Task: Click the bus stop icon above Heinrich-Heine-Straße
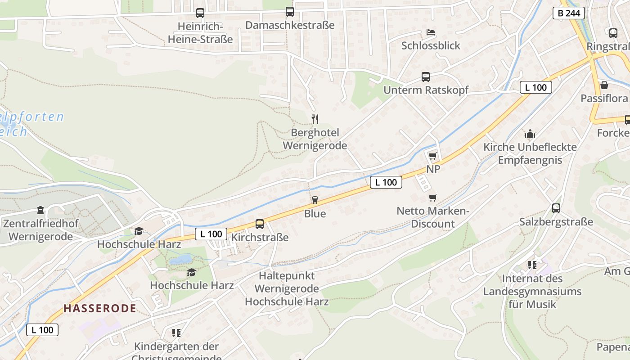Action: click(x=200, y=13)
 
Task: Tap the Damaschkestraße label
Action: click(x=290, y=25)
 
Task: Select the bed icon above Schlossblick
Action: click(x=431, y=32)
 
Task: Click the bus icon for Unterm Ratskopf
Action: click(x=426, y=77)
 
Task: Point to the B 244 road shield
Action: click(x=568, y=13)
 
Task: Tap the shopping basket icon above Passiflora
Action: click(x=604, y=85)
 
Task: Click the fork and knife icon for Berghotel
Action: click(x=315, y=119)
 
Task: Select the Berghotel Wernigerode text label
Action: click(x=315, y=139)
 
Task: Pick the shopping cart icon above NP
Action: click(x=432, y=156)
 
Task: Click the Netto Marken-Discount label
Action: click(x=433, y=217)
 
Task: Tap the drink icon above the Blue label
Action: click(x=315, y=200)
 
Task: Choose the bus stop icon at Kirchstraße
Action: click(x=260, y=224)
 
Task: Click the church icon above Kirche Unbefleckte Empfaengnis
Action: click(x=530, y=134)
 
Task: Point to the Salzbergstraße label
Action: click(x=556, y=222)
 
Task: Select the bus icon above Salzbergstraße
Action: click(x=556, y=208)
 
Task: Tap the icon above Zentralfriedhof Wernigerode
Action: click(x=40, y=210)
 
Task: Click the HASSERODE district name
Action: click(x=99, y=308)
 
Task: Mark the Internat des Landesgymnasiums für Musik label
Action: click(x=532, y=291)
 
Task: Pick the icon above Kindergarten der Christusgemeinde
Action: click(x=176, y=333)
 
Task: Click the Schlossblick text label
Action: click(x=431, y=45)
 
